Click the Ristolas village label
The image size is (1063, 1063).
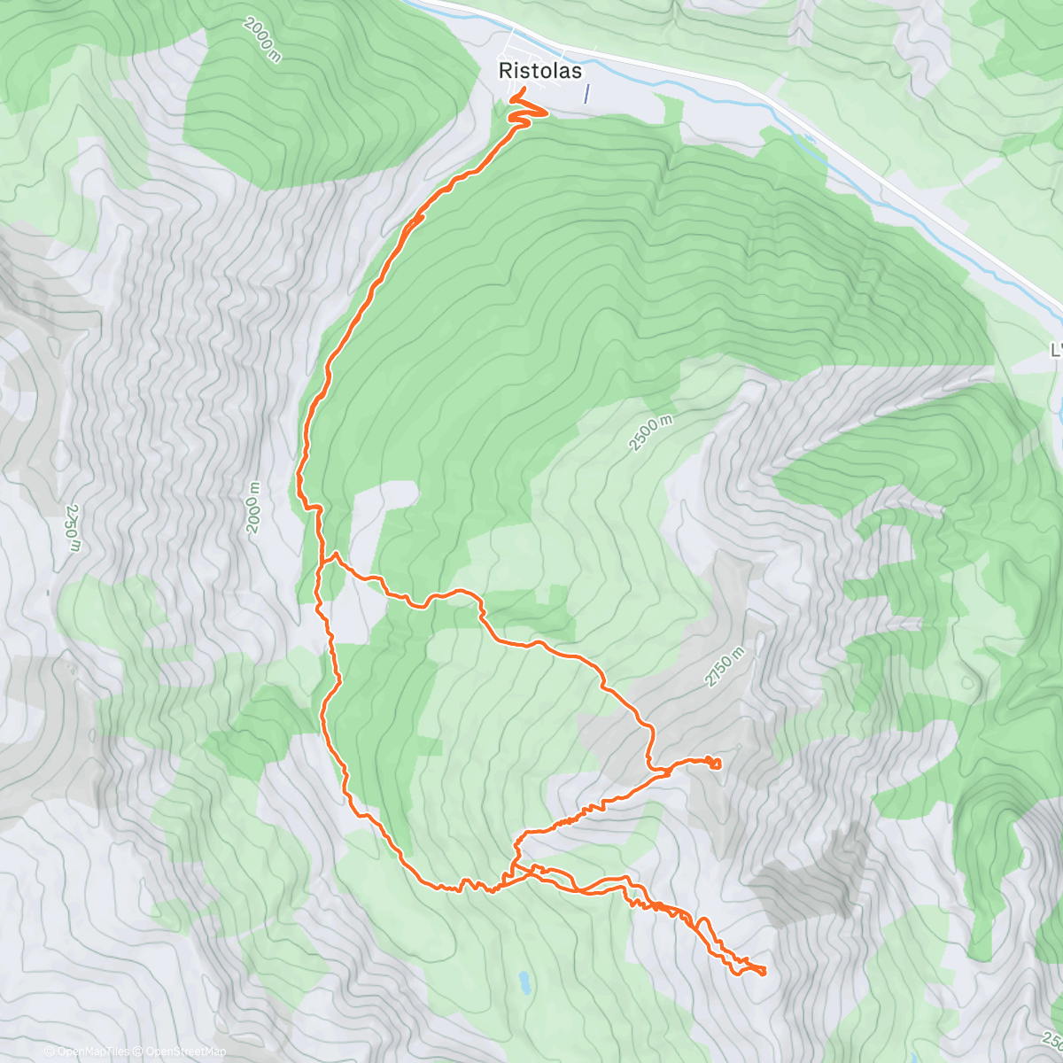(x=539, y=70)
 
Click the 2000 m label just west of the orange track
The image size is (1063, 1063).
(x=254, y=508)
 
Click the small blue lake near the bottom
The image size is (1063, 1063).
(x=524, y=981)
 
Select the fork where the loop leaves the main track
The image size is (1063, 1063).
(x=335, y=556)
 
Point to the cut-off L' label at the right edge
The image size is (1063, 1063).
(x=1055, y=351)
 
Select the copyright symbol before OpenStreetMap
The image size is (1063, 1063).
(x=137, y=1051)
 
